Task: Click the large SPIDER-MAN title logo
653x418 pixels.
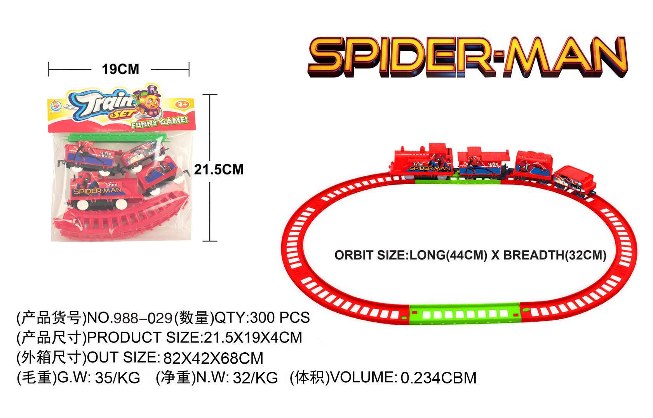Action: pyautogui.click(x=468, y=57)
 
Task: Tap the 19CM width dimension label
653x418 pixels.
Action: pyautogui.click(x=120, y=70)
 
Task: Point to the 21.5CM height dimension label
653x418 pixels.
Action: pyautogui.click(x=219, y=170)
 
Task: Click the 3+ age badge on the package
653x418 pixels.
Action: pyautogui.click(x=182, y=104)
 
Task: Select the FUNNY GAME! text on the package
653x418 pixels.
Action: pyautogui.click(x=159, y=122)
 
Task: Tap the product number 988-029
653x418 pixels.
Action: pyautogui.click(x=143, y=318)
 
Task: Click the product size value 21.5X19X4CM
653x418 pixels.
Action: pyautogui.click(x=253, y=338)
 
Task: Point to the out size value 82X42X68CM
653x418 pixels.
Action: pyautogui.click(x=213, y=358)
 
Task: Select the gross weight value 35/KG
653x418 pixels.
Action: pyautogui.click(x=117, y=378)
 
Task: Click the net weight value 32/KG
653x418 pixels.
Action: pyautogui.click(x=255, y=378)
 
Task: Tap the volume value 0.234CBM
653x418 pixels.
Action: pyautogui.click(x=439, y=378)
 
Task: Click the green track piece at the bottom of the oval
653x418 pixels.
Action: pyautogui.click(x=465, y=314)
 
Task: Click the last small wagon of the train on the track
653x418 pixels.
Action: pyautogui.click(x=574, y=181)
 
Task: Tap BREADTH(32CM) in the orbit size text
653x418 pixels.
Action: pyautogui.click(x=555, y=255)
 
